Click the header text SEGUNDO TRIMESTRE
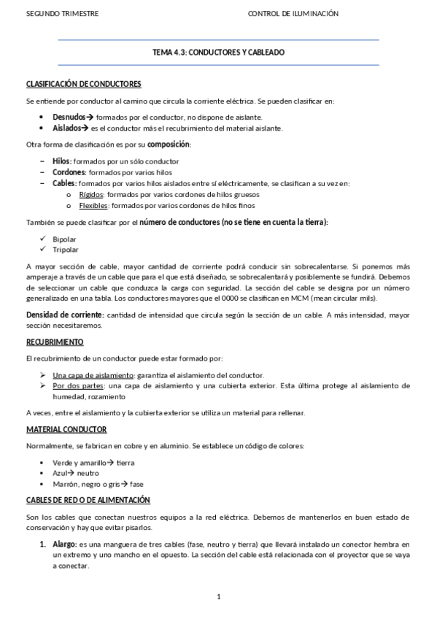pos(52,13)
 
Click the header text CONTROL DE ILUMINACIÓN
pos(293,13)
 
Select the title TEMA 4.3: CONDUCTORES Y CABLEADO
pos(218,53)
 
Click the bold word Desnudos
pos(69,117)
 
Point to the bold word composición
pos(169,144)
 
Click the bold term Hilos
pos(61,161)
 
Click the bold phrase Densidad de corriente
pos(64,315)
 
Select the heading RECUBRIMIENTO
pos(55,342)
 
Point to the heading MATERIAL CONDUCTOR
pos(66,429)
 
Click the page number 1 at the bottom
pos(218,597)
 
